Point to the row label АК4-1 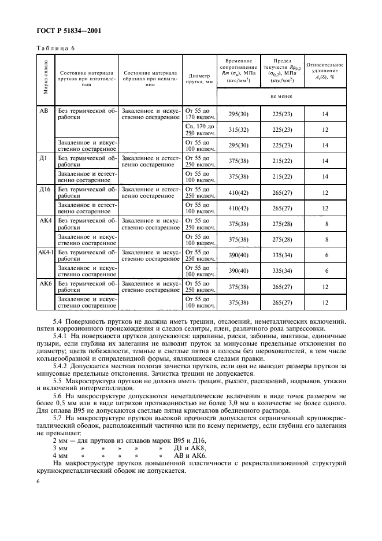(45, 252)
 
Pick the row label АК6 (44, 284)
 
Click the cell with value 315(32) (238, 129)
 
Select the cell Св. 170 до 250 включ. (199, 129)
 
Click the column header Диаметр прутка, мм (199, 79)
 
